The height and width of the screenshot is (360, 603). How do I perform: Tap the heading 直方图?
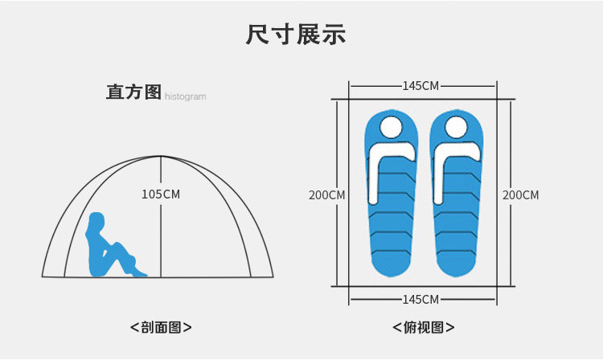coord(134,92)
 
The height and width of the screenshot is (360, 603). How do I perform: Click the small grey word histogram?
coord(186,97)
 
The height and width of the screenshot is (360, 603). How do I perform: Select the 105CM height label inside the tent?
coord(161,194)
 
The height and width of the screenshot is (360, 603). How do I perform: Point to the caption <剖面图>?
coord(161,328)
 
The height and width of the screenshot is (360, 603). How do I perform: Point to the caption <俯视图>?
coord(423,328)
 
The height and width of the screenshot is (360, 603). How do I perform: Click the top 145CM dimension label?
coord(421,86)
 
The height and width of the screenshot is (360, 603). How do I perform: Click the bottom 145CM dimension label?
coord(421,300)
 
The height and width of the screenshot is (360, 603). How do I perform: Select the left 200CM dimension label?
coord(327,195)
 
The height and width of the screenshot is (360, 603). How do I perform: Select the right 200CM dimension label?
coord(520,195)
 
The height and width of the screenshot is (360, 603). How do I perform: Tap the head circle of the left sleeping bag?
coord(391,127)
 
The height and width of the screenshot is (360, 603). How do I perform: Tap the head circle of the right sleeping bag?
coord(456,127)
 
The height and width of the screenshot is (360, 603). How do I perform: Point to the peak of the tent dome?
coord(162,156)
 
